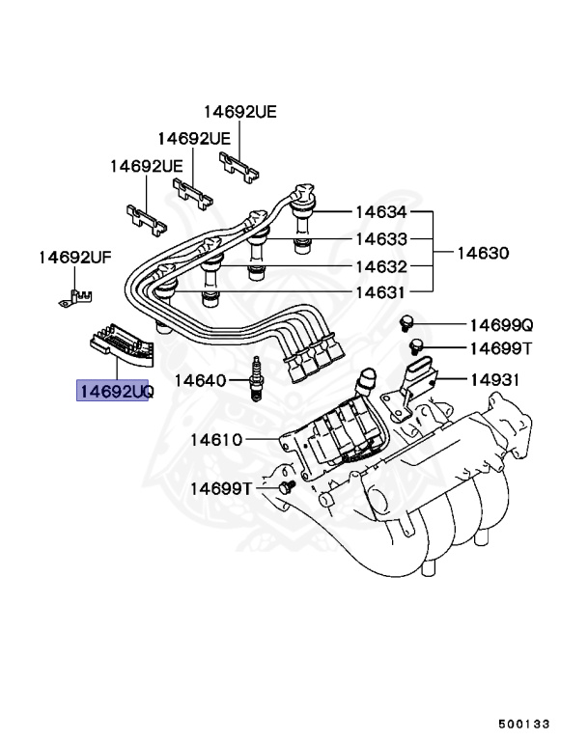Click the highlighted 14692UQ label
click(115, 392)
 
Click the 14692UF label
click(75, 258)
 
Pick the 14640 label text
click(199, 381)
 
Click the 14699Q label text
click(501, 325)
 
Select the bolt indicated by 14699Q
click(406, 322)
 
